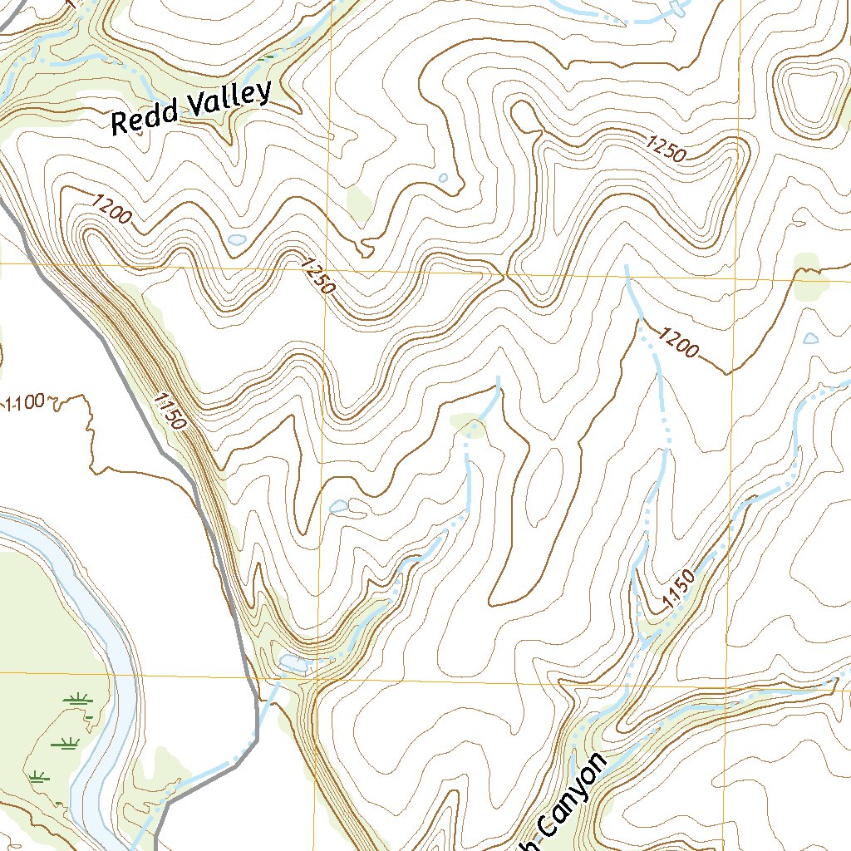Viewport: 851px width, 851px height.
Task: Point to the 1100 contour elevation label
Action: click(x=24, y=405)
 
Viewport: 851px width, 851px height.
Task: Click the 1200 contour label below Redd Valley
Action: click(x=112, y=209)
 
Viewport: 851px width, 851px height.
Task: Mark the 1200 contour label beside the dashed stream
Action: click(x=677, y=342)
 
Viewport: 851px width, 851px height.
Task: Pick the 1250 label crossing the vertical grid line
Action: click(x=318, y=276)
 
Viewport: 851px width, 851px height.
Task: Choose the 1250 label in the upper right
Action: click(x=664, y=150)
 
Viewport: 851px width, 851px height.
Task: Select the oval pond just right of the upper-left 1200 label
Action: click(x=237, y=240)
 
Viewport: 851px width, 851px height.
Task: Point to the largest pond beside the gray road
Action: click(x=293, y=662)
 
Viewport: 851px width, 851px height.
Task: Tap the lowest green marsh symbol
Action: click(x=37, y=777)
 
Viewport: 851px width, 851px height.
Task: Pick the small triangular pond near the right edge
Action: click(x=810, y=339)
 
